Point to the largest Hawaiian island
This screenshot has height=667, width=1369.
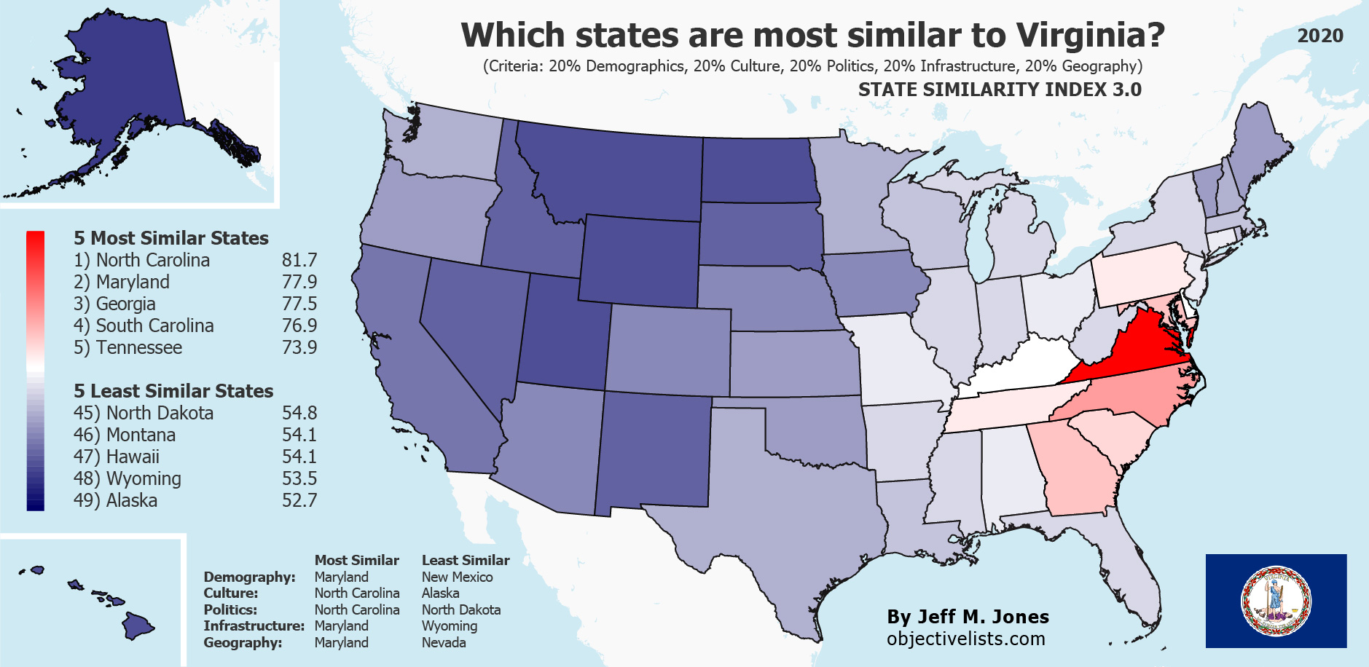(137, 625)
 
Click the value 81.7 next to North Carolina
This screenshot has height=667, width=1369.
(299, 260)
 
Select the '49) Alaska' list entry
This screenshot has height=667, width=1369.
(115, 500)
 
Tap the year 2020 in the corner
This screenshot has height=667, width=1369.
(1319, 36)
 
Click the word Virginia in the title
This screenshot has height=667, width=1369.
(1090, 35)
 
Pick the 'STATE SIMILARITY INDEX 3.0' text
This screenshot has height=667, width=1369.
(999, 90)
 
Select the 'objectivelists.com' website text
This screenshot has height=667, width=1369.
(965, 639)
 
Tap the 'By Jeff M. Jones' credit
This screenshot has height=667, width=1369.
(968, 617)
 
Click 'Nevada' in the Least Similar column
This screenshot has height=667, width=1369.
(444, 642)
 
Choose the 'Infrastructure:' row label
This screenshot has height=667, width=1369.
(254, 625)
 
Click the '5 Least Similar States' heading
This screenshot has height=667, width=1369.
(173, 391)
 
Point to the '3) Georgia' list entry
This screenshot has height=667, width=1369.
(114, 304)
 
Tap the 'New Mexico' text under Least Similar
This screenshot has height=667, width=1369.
(457, 577)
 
